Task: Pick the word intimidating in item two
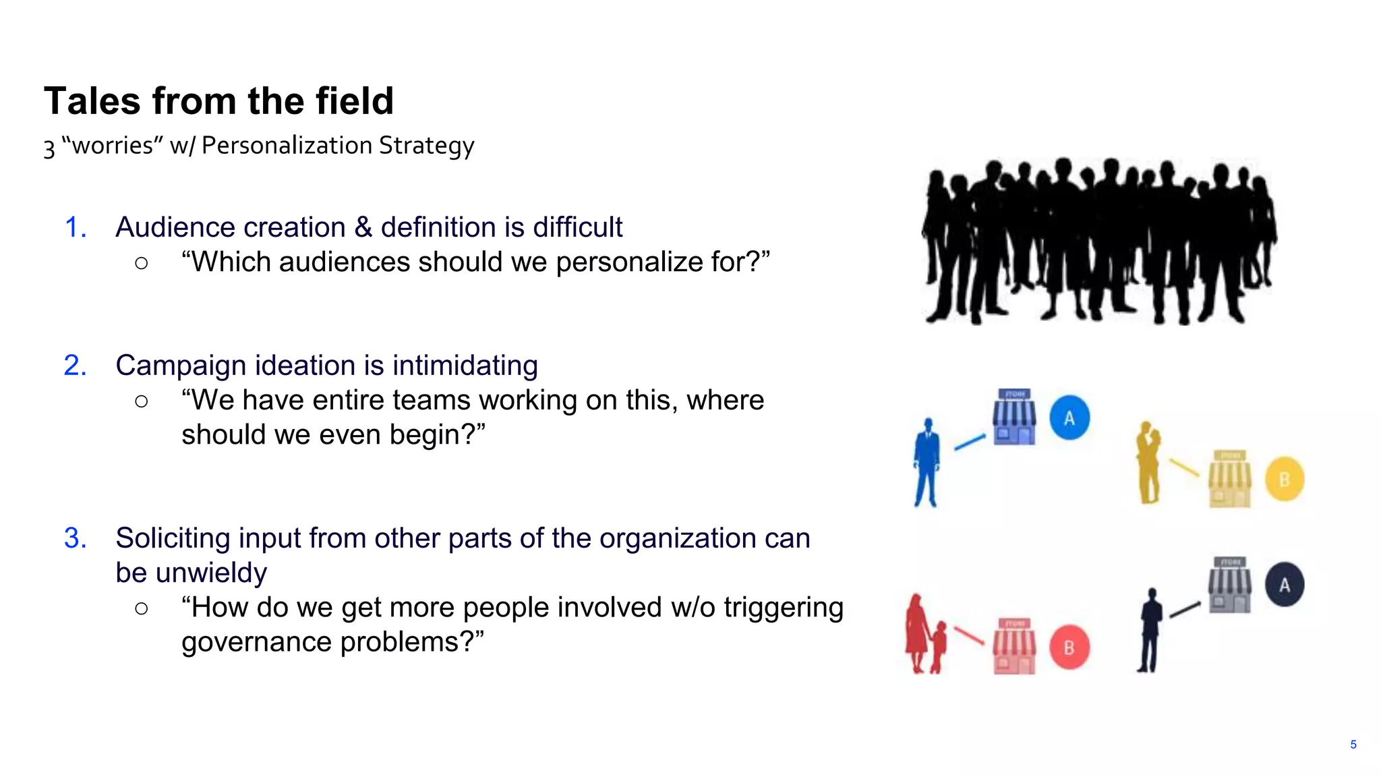tap(465, 366)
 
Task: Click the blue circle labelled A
tap(1069, 418)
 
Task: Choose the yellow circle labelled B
tap(1285, 480)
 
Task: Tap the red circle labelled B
tap(1069, 647)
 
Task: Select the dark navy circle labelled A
tap(1285, 584)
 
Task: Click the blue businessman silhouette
tap(927, 462)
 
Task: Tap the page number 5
tap(1353, 745)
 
